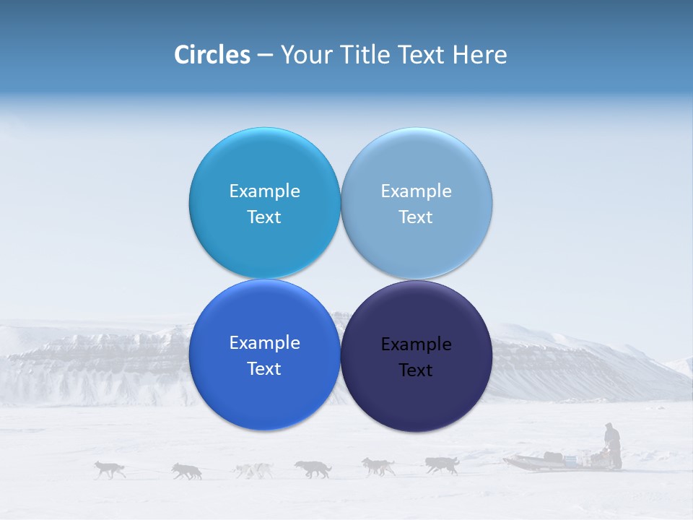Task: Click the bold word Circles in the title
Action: pos(212,55)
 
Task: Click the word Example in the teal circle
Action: pos(264,191)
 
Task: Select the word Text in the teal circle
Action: pos(264,217)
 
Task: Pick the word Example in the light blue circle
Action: pos(416,191)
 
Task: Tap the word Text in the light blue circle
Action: pos(416,217)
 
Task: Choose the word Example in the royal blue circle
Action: pos(264,342)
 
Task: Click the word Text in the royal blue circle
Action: pos(264,368)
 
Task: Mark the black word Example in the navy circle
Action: pos(416,344)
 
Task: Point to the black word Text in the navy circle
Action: pos(416,370)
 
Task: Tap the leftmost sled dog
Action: pos(110,469)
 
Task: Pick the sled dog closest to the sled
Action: pos(442,465)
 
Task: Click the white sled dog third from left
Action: pos(253,470)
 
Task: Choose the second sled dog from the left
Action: pos(187,471)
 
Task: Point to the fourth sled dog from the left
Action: pos(313,469)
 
